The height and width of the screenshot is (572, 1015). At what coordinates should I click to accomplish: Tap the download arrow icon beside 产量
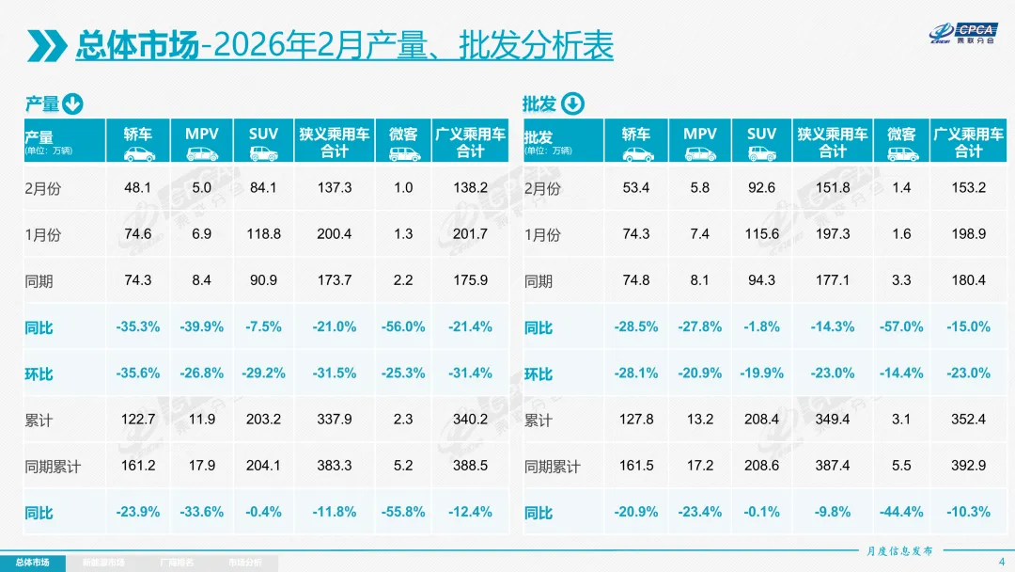coord(73,103)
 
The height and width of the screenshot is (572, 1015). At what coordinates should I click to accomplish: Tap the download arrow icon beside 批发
coord(572,103)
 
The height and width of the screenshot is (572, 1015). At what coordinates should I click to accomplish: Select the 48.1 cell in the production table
coord(138,188)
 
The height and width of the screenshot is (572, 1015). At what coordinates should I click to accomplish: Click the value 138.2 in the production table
coord(470,188)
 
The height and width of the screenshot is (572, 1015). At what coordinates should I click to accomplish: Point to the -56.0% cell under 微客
coord(403,326)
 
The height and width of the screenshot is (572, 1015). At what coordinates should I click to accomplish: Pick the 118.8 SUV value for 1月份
coord(263,234)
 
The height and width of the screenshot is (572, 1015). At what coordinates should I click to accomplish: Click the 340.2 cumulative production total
coord(470,420)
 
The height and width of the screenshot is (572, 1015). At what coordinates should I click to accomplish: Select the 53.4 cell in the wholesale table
coord(636,188)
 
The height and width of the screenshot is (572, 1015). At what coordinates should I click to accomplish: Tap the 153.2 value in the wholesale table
coord(968,188)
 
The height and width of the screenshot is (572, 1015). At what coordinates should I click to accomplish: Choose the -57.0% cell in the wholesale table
coord(901,326)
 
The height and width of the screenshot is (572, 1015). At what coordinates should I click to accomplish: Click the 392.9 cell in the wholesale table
coord(968,466)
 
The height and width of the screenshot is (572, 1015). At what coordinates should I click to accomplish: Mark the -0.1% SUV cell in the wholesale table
coord(761,512)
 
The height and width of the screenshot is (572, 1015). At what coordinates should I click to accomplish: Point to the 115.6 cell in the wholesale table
coord(761,234)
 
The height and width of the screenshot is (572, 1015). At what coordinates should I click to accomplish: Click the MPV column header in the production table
coord(201,142)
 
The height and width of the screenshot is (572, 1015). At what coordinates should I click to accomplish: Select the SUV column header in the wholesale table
coord(761,142)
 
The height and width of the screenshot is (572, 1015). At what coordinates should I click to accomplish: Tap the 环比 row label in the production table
coord(39,373)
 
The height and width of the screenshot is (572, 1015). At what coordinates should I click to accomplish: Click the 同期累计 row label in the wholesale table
coord(552,467)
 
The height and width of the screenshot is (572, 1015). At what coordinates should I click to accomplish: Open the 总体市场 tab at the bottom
coord(32,563)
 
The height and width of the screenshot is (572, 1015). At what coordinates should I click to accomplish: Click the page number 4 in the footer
coord(1000,562)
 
